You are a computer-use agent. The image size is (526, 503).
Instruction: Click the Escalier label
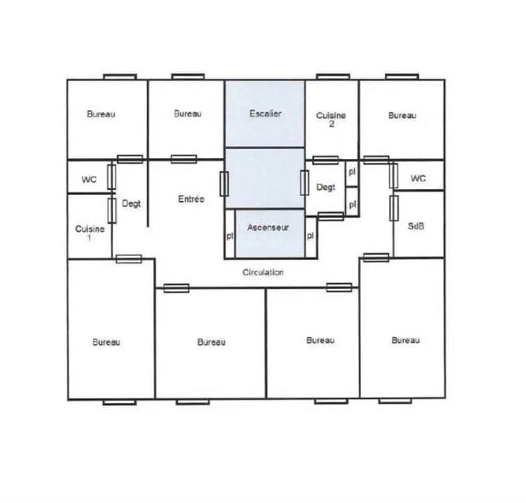point(265,114)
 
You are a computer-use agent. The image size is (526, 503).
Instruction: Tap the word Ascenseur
point(268,228)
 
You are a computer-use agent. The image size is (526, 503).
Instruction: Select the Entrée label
point(191,199)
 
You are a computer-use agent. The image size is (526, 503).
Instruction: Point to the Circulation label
point(263,272)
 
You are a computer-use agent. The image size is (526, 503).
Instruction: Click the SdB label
point(416,226)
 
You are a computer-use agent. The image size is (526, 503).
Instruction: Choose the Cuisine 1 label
point(90,234)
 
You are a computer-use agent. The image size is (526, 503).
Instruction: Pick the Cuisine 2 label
point(331,120)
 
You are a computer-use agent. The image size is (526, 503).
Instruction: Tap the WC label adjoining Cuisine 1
point(89,180)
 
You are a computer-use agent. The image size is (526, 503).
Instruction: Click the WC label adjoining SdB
point(418,178)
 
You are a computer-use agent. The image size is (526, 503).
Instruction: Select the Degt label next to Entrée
point(131,204)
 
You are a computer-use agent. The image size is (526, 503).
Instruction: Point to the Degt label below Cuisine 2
point(326,187)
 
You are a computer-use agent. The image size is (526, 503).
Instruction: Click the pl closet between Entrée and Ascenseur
point(230,234)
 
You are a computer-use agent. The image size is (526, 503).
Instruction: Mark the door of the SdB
point(393,209)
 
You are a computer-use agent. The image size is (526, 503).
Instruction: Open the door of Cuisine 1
point(112,210)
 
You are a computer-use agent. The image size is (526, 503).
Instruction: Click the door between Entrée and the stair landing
point(224,184)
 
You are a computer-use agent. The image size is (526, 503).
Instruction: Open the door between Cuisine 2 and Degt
point(325,160)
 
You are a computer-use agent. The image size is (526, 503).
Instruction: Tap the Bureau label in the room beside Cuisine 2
point(402,115)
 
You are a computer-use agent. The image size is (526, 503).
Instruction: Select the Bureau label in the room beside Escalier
point(187,114)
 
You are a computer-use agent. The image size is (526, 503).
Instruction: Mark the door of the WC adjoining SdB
point(393,176)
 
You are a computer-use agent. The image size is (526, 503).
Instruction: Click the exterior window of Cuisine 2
point(333,77)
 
